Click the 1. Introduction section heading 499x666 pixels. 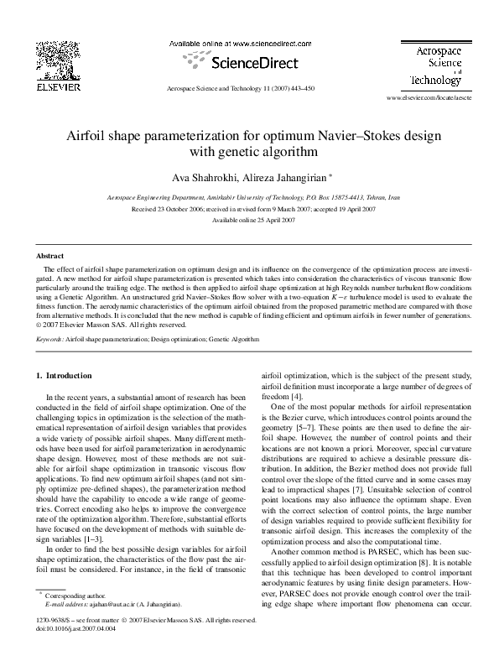(x=70, y=375)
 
